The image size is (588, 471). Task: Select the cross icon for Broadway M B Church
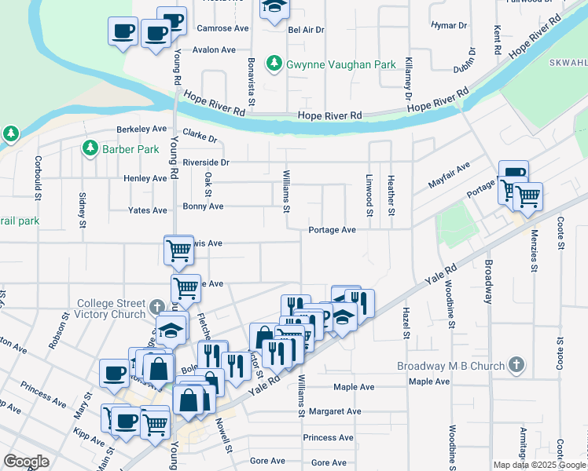tap(516, 364)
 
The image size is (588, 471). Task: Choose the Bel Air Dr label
tap(307, 30)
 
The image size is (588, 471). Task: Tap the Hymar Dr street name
tap(450, 25)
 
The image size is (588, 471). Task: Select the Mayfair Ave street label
tap(449, 175)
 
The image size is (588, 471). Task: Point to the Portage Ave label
tap(333, 230)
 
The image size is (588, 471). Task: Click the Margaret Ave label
tap(335, 411)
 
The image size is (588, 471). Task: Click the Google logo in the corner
tap(26, 462)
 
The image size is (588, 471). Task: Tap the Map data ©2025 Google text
tap(538, 465)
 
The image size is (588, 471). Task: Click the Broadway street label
tap(489, 283)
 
